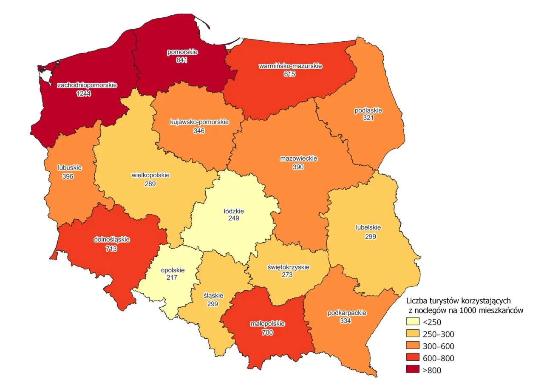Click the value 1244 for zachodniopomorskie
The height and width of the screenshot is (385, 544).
[84, 93]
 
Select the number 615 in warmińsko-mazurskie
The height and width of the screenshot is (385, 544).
[290, 74]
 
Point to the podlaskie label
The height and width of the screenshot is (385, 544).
[368, 110]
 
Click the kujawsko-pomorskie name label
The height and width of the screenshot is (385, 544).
[199, 122]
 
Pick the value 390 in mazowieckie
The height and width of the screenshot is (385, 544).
[298, 167]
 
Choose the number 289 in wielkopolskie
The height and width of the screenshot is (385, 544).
[150, 184]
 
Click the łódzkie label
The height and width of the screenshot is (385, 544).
[234, 210]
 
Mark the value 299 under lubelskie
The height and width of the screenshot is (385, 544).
[370, 236]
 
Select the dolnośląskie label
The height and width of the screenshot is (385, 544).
[111, 239]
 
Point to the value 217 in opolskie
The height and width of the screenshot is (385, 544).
[172, 277]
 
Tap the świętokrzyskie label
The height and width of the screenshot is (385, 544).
[288, 267]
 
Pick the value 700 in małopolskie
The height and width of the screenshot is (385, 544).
[267, 332]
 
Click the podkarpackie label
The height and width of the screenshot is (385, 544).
[347, 313]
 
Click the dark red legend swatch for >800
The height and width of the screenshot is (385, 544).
[413, 370]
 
